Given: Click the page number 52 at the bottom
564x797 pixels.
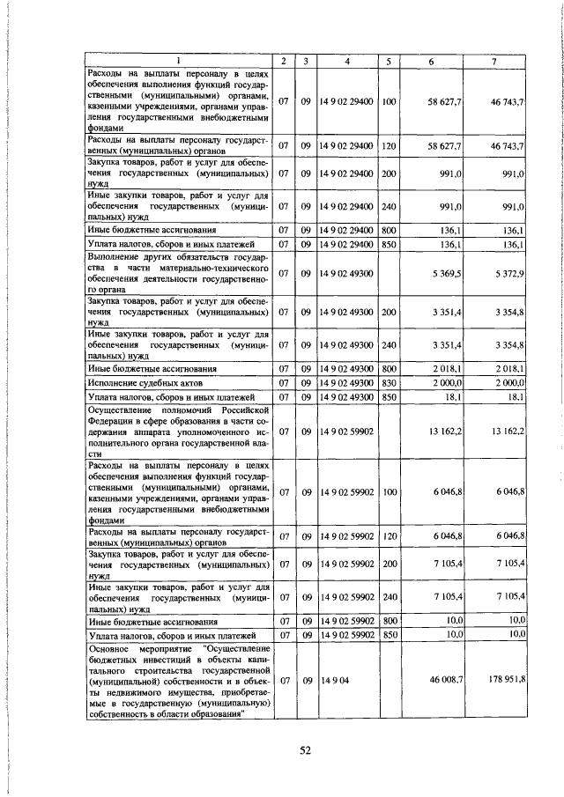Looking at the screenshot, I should [305, 750].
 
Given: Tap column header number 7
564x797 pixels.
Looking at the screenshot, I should [494, 60].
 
